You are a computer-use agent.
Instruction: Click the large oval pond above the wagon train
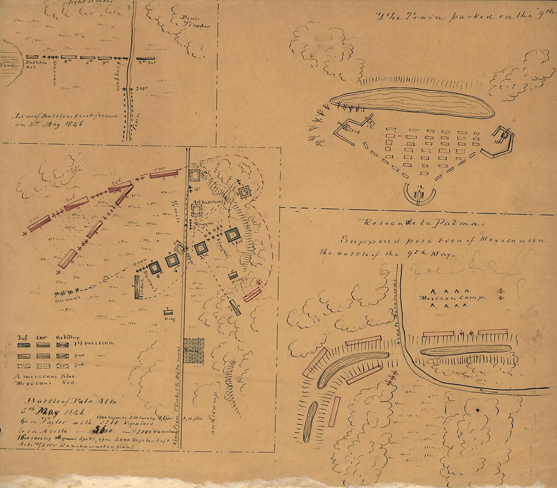click(412, 102)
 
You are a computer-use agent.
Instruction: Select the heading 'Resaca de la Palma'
click(422, 222)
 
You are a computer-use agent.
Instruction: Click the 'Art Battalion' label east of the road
click(206, 202)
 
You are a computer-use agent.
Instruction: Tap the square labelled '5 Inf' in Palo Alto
click(232, 235)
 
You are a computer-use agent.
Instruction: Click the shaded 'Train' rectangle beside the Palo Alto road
click(193, 350)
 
